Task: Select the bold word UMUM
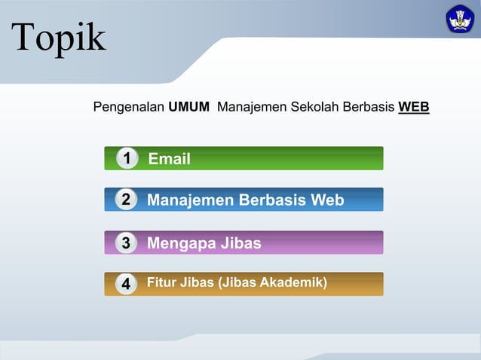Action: (188, 107)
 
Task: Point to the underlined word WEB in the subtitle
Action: (414, 107)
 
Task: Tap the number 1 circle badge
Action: (127, 158)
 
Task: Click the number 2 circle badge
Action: (127, 200)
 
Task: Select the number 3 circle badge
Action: (127, 243)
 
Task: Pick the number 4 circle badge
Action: (127, 284)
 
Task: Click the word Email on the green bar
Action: (169, 159)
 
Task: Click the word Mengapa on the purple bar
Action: (179, 243)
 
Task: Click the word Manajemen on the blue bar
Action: (191, 200)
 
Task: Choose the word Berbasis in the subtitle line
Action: (369, 107)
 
